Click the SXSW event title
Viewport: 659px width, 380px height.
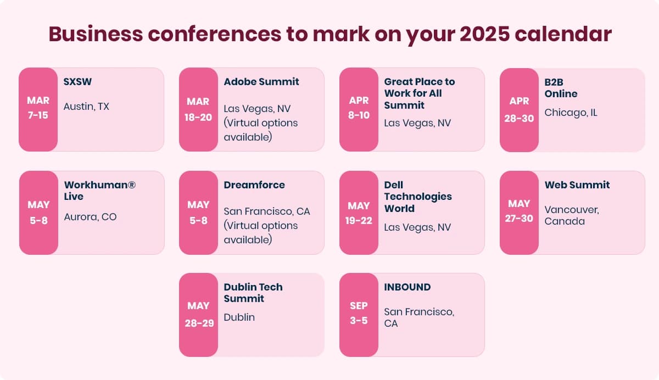(77, 82)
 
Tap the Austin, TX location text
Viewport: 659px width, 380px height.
(86, 107)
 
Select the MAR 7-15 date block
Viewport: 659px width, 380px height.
(38, 109)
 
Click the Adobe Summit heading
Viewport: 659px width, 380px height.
(261, 82)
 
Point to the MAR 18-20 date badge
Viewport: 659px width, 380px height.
(198, 109)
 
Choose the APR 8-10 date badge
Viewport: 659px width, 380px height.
(359, 109)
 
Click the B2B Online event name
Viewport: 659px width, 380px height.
(561, 88)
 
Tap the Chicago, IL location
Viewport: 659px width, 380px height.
(571, 113)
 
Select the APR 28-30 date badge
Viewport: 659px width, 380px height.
(519, 110)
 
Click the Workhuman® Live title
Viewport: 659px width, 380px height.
(99, 191)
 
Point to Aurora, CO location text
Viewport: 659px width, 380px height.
(90, 217)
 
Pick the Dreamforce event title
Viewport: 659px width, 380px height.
(254, 185)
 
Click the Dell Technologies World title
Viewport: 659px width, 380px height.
(417, 197)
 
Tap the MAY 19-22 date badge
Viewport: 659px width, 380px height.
(359, 213)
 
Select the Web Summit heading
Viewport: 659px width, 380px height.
(577, 185)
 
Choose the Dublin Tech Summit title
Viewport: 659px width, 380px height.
(253, 293)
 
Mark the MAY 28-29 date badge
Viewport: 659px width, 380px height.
(198, 315)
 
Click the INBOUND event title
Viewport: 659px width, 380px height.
(407, 287)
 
